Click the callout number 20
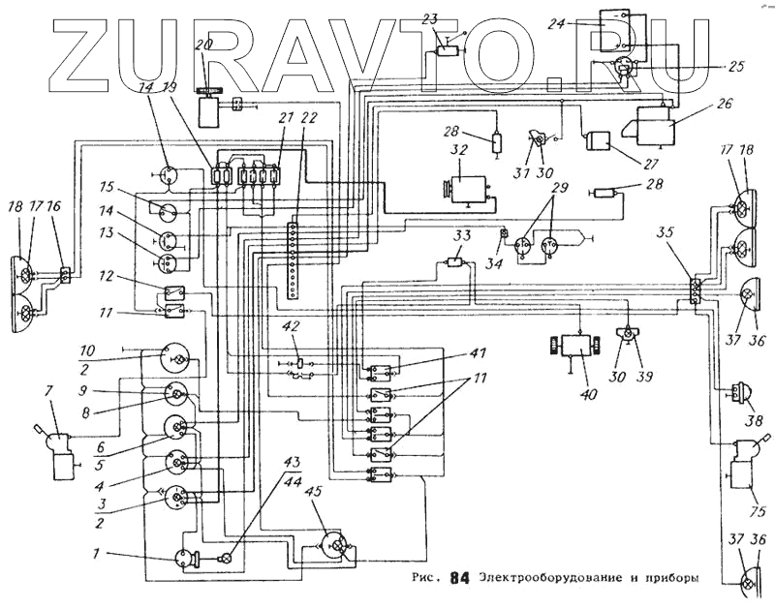204,45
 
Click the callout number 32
459,150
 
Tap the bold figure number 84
460,579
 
